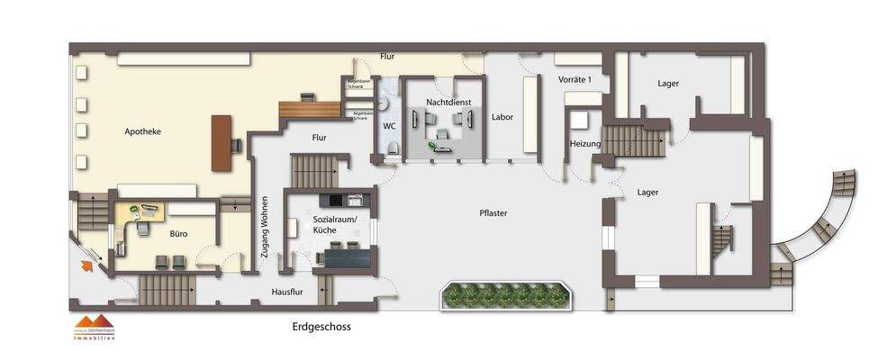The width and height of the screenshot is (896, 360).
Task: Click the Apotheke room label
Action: pyautogui.click(x=142, y=131)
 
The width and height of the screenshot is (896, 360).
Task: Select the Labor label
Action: pyautogui.click(x=502, y=117)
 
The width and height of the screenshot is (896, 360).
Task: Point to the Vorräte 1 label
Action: pyautogui.click(x=576, y=80)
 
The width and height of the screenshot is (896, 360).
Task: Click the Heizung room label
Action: pyautogui.click(x=584, y=144)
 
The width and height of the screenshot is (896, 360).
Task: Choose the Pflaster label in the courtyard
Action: pyautogui.click(x=493, y=213)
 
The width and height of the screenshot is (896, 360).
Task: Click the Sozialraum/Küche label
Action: pyautogui.click(x=335, y=224)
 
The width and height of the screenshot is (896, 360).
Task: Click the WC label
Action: pyautogui.click(x=389, y=126)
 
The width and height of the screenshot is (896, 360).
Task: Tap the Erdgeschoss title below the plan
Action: pyautogui.click(x=321, y=328)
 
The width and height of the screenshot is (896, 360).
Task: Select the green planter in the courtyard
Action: pyautogui.click(x=504, y=295)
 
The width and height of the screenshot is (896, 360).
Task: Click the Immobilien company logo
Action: pyautogui.click(x=95, y=328)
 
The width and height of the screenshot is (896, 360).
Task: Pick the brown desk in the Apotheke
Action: pyautogui.click(x=222, y=142)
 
